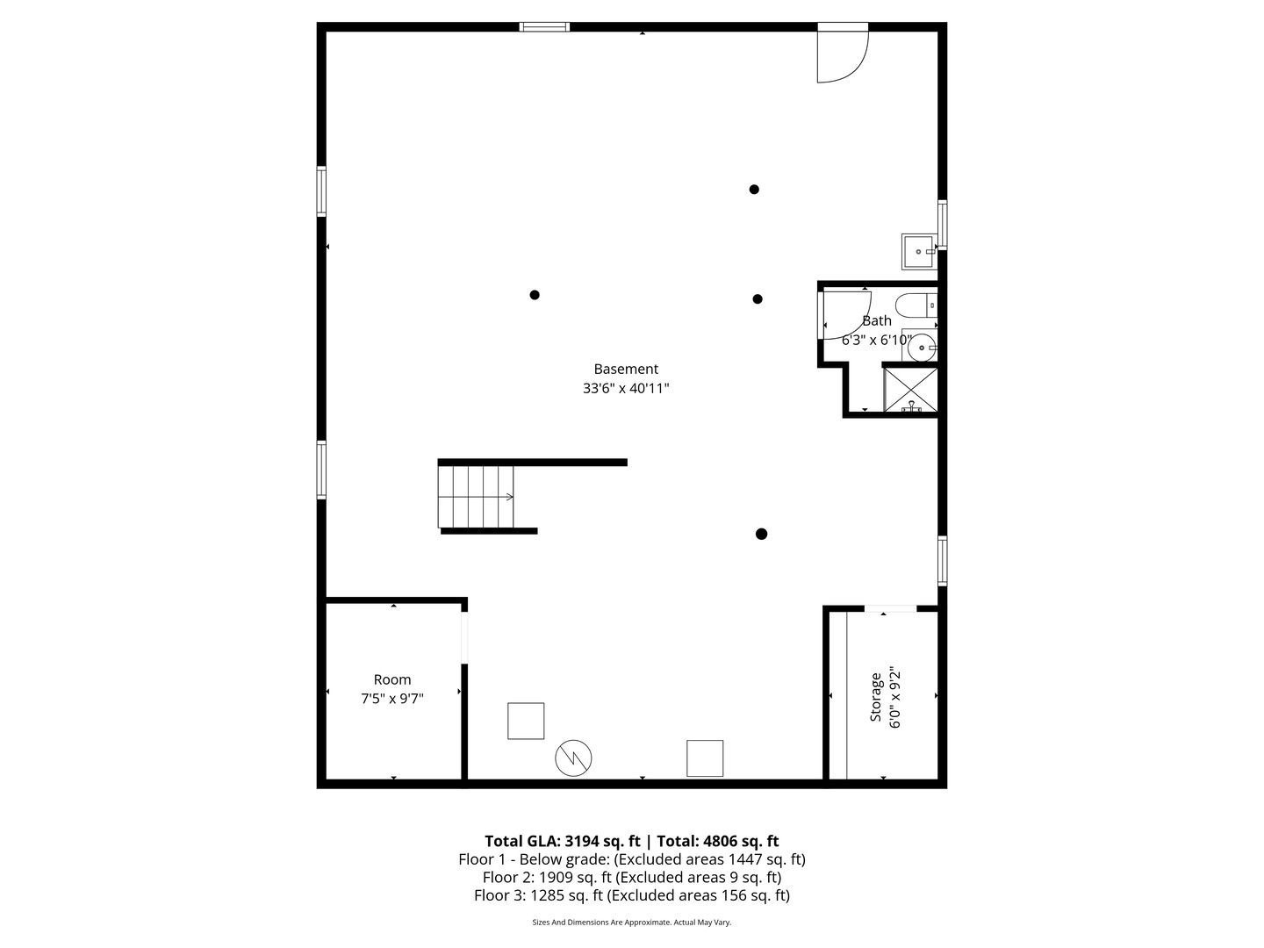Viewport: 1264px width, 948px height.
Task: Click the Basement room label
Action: (626, 370)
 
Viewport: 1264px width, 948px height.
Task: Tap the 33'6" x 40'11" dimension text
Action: (626, 388)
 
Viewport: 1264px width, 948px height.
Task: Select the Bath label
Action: (876, 321)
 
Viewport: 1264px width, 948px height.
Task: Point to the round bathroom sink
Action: (922, 348)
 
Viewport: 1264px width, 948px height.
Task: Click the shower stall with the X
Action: (910, 390)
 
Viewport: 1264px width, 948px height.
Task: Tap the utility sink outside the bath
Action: (918, 251)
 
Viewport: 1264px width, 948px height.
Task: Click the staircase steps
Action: (476, 497)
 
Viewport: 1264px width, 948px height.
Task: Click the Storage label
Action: (875, 697)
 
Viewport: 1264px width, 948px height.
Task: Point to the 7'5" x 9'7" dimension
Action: (392, 699)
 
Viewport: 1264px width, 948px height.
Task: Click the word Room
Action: (392, 679)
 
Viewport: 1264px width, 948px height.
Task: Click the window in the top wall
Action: (544, 27)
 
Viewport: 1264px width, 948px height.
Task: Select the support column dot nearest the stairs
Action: (535, 295)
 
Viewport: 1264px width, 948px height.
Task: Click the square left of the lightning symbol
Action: (526, 721)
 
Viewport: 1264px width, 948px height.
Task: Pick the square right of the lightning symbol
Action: (705, 758)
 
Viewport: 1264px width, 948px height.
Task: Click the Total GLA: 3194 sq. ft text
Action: (562, 841)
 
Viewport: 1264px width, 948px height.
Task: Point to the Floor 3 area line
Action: (632, 895)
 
